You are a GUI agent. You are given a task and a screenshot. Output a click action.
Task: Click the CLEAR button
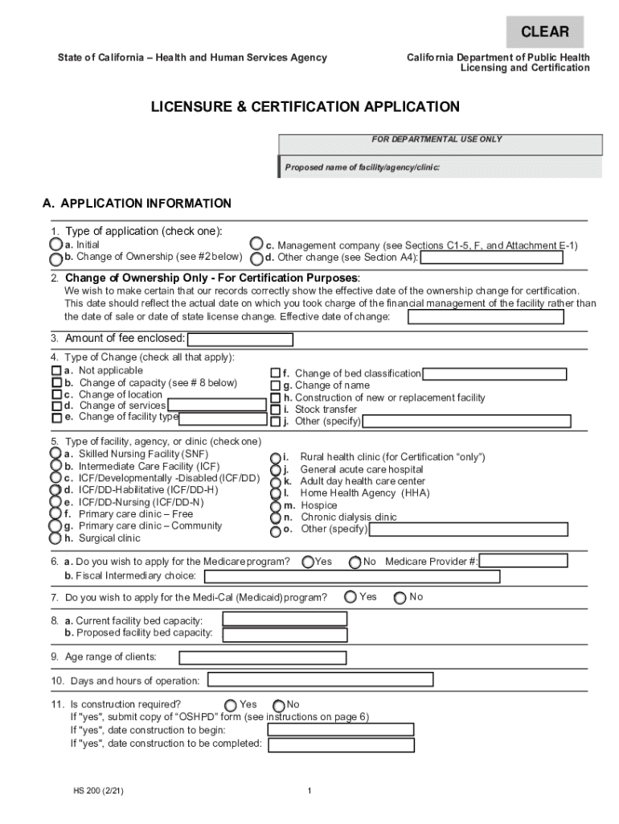pos(544,32)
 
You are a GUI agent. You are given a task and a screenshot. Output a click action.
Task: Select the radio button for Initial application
pos(55,244)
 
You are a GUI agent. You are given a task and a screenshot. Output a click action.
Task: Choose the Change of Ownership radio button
pos(55,259)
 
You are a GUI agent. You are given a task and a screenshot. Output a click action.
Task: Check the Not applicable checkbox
pos(56,371)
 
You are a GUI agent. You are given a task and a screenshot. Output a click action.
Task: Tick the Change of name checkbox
pos(275,386)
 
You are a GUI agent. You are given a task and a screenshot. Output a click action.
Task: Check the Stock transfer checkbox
pos(275,410)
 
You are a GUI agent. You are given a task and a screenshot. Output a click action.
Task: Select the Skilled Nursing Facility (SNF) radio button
pos(55,454)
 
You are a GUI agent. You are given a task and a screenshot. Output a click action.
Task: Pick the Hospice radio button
pos(277,506)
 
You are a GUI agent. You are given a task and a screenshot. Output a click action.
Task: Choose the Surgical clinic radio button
pos(55,538)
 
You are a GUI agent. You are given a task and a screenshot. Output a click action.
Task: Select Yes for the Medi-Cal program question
pos(350,597)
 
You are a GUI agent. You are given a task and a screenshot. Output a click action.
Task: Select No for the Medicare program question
pos(355,562)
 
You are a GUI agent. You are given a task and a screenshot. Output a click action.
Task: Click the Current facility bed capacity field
pos(285,619)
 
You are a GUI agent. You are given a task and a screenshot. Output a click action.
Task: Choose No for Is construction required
pos(279,706)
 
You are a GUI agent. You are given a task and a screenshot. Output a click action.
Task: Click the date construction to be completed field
pos(342,744)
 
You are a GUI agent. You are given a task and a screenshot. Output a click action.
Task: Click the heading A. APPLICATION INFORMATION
pos(137,204)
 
